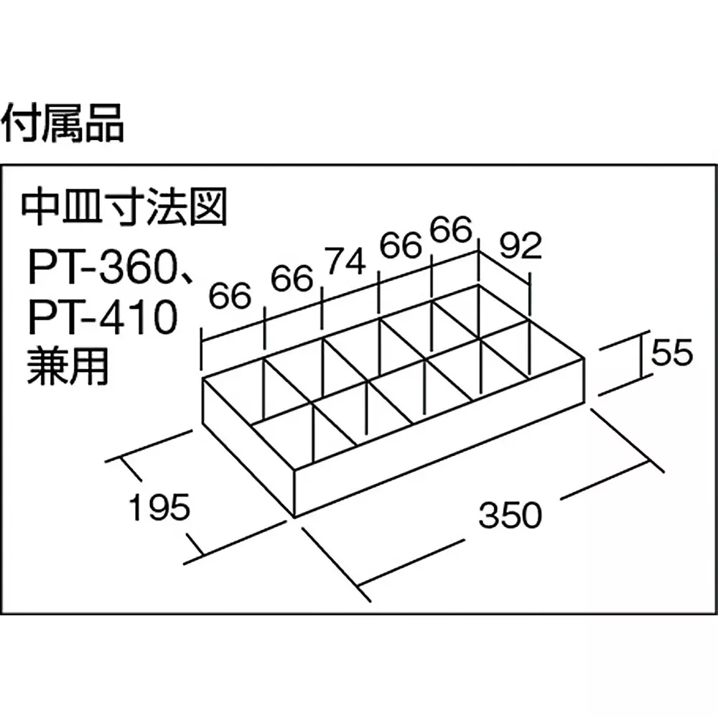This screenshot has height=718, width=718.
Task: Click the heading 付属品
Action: (62, 123)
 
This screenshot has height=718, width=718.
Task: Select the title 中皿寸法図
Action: (124, 208)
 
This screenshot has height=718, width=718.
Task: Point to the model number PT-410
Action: (103, 317)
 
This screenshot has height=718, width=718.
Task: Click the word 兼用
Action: (68, 366)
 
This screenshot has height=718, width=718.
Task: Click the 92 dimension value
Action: (520, 246)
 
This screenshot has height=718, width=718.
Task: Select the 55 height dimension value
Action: (672, 353)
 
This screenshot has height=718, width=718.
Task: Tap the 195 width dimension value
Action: (159, 507)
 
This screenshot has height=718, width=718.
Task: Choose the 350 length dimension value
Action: (510, 514)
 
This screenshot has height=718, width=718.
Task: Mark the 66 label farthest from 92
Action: (230, 296)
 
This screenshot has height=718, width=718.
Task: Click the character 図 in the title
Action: (209, 208)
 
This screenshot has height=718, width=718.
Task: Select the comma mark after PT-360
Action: (185, 277)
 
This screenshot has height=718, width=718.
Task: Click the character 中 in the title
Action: (39, 208)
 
